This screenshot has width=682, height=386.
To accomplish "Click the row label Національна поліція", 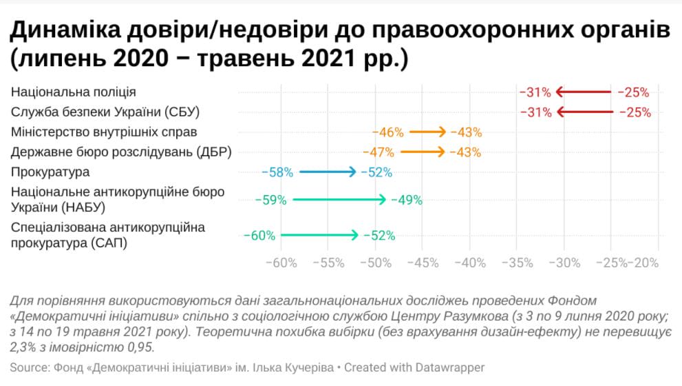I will pos(74,92).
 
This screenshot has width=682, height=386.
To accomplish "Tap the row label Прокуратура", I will pos(50,172).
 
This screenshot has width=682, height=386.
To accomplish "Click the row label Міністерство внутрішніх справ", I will pos(105,132).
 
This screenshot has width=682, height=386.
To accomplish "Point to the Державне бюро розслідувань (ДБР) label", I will pos(120,152).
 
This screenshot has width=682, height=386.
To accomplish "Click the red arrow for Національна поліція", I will pos(584,92).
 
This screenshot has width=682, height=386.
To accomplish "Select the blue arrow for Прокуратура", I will pos(328,172).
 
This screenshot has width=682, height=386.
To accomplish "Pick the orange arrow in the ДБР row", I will pos(423,152).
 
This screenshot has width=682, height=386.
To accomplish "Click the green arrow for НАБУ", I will pos(339,200).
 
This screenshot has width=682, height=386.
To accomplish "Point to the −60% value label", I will pos(259,236).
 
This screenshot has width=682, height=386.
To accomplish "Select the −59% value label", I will pos(270,201).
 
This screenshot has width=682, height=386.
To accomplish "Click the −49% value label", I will pos(406,201).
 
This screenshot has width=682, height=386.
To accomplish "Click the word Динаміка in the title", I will pos(70,31).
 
